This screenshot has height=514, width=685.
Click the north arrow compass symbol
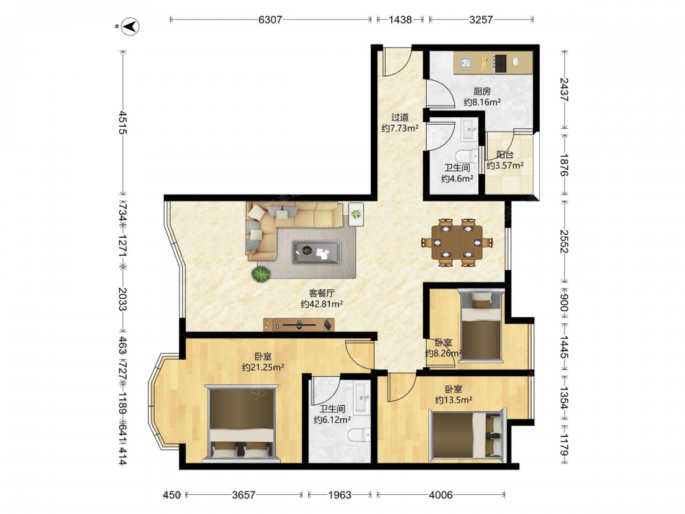[130, 26]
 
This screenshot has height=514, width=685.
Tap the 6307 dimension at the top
[271, 19]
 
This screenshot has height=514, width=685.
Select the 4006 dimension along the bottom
[440, 495]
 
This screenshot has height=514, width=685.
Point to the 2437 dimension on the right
[564, 90]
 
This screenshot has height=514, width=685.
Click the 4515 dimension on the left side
[123, 123]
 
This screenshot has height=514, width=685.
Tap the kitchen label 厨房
[482, 91]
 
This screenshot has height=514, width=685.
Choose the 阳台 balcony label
[505, 154]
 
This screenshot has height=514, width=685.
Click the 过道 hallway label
[400, 117]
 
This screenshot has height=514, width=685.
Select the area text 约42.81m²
[321, 304]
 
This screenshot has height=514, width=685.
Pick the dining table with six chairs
[457, 242]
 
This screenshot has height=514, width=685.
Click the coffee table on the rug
[316, 252]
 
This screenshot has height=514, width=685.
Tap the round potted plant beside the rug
[261, 273]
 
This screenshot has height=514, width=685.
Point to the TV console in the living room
[299, 324]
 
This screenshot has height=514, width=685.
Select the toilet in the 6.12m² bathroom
[359, 435]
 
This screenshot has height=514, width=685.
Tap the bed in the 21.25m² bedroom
[242, 423]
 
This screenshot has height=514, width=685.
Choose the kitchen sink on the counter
[465, 63]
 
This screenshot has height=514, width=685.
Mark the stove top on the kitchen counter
[499, 63]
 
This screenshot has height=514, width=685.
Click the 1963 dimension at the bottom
[340, 495]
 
